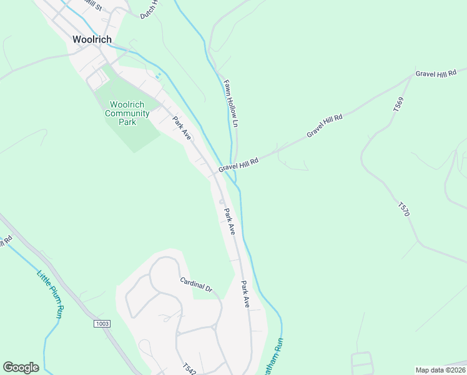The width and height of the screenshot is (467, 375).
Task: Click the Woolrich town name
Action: click(92, 39)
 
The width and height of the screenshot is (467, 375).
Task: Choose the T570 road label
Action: click(404, 209)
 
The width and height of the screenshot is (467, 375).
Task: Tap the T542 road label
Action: click(190, 368)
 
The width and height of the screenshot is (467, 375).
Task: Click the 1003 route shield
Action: click(102, 323)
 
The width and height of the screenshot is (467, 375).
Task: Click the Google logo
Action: click(21, 367)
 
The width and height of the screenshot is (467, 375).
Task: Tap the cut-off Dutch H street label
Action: click(150, 9)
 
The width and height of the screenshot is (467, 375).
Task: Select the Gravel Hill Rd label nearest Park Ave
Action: click(238, 165)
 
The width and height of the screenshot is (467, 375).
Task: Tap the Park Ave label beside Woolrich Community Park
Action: click(182, 127)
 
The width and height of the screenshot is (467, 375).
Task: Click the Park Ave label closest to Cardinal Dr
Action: click(245, 293)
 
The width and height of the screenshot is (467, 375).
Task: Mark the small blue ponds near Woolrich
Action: click(158, 76)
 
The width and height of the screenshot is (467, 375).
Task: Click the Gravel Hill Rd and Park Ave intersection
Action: click(216, 173)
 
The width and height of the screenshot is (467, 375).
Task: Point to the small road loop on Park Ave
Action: click(222, 201)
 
